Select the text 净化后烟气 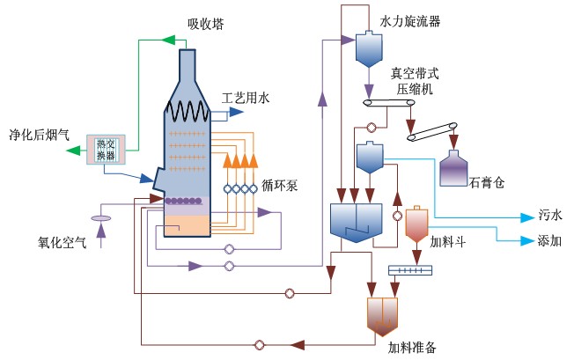pos(36,137)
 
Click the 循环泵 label pos(280,186)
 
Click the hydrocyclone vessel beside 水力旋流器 pos(367,49)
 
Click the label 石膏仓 pos(486,184)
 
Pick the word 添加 pos(549,239)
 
